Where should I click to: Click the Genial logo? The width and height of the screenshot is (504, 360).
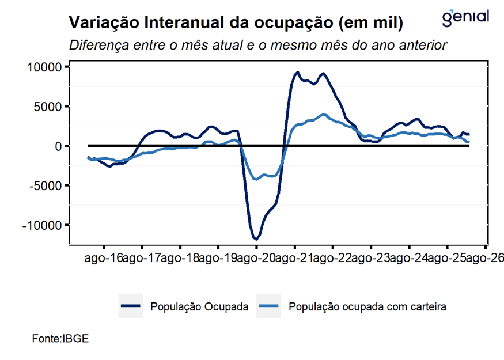465,17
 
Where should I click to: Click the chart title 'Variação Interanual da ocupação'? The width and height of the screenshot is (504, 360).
236,23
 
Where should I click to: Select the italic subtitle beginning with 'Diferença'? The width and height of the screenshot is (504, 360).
258,45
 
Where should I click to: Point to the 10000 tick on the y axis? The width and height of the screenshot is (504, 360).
45,67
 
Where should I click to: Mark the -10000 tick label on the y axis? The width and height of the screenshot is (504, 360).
43,225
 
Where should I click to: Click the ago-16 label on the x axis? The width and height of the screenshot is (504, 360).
104,258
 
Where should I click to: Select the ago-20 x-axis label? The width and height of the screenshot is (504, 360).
256,258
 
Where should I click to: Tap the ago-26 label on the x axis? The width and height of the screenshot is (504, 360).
486,258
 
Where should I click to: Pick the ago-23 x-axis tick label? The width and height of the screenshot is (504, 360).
371,258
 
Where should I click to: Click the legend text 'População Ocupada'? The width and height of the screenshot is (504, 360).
199,307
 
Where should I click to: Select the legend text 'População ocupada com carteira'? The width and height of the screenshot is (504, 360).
367,307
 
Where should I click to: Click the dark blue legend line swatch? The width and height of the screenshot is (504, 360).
130,306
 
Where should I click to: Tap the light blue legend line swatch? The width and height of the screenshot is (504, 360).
269,306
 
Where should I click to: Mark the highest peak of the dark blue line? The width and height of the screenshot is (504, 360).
298,73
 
